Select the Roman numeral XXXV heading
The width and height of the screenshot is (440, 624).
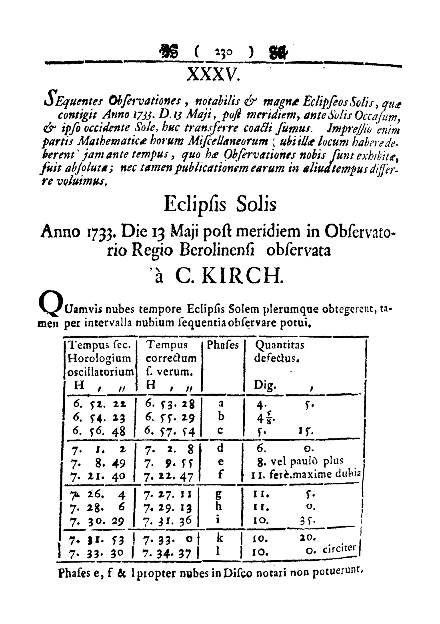(214, 75)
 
